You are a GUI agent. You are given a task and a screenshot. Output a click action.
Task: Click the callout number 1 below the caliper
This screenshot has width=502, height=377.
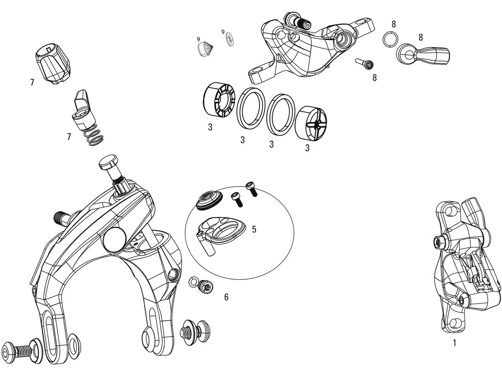pyautogui.click(x=455, y=343)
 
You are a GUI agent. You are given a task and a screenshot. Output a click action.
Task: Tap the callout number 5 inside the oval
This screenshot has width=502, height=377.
pyautogui.click(x=254, y=229)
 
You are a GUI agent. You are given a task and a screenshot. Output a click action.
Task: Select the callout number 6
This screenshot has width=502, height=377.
pyautogui.click(x=226, y=297)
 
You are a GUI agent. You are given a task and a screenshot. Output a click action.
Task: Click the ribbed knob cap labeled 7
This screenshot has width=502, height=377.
pyautogui.click(x=53, y=63)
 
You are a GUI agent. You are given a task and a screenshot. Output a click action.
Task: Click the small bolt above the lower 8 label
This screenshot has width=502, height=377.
pyautogui.click(x=364, y=63)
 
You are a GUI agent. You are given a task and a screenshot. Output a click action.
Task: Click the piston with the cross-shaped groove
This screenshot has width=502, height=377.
pyautogui.click(x=311, y=123)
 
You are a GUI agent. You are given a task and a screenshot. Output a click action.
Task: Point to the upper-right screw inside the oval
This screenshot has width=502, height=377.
pyautogui.click(x=251, y=188)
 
